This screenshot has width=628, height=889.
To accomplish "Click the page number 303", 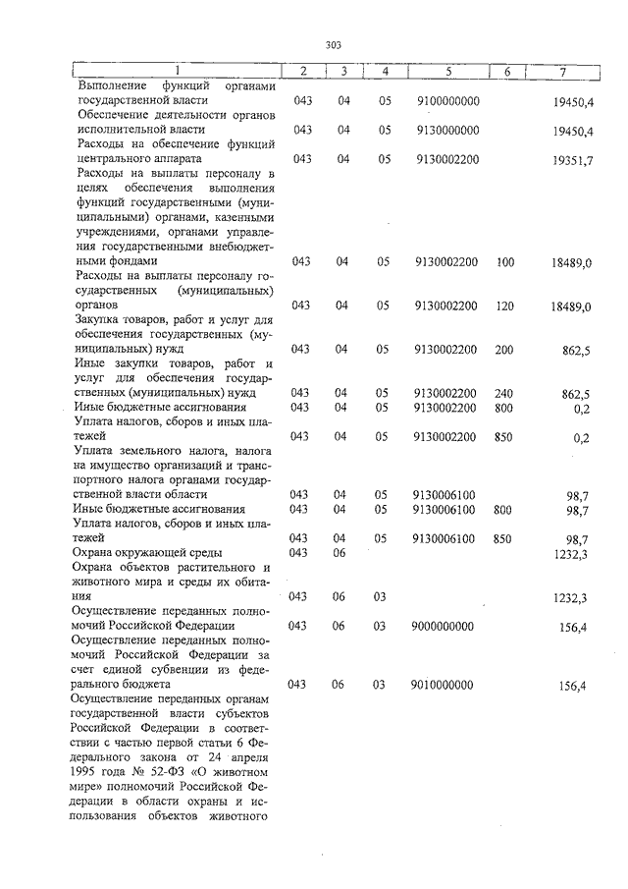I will coord(333,44).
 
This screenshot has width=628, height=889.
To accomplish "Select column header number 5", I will coord(446,72).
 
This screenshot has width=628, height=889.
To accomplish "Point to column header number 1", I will coord(177,72).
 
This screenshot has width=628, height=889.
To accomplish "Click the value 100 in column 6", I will coord(505,262).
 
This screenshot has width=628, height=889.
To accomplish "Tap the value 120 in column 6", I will coord(505,306).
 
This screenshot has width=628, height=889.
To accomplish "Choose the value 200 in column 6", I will coord(505,350).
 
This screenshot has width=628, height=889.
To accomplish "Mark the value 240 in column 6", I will coord(505,393).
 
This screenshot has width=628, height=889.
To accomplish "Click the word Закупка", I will coord(101,320).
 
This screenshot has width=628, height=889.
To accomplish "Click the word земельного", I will coord(156,451).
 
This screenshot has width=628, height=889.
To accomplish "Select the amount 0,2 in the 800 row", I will coord(581,408).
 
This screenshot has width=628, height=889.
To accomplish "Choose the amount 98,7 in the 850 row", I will coord(577,539).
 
